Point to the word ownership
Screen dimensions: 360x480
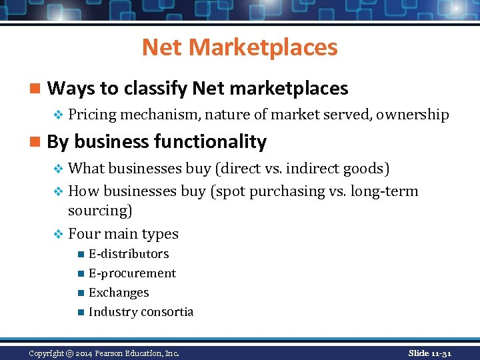412,115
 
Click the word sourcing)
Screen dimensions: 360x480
100,211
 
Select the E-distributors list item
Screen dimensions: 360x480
129,254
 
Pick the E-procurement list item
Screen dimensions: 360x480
132,273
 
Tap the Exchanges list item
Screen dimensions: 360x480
119,293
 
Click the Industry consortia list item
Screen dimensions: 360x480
141,312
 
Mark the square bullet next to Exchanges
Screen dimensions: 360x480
81,293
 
